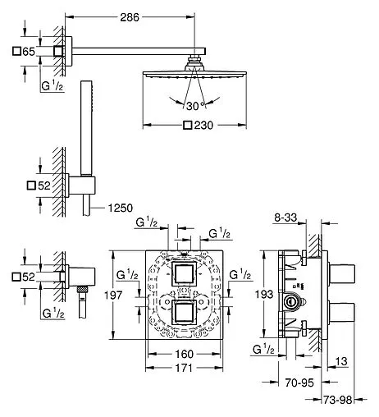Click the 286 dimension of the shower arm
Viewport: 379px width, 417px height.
tap(130, 17)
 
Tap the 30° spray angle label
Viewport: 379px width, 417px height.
tap(195, 106)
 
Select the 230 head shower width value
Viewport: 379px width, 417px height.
tap(203, 126)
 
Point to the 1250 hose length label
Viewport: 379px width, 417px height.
tap(121, 208)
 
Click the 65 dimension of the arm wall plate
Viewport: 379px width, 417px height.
tap(29, 52)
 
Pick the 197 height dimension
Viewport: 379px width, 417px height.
tap(113, 296)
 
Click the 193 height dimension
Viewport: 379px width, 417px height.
tap(264, 295)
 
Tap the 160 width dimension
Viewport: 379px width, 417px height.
tap(184, 354)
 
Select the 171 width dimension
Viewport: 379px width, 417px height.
tap(184, 368)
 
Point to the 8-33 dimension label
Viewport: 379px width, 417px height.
tap(285, 218)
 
